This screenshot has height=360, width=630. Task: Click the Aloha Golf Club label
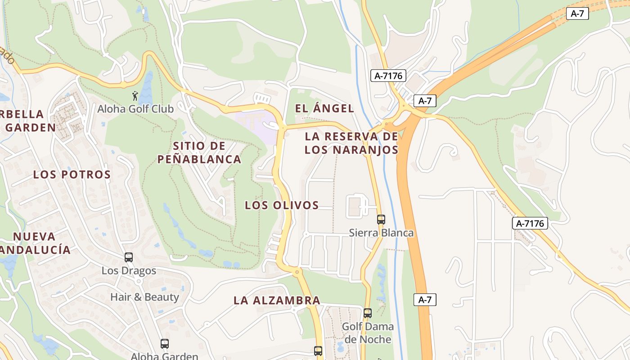tap(135, 108)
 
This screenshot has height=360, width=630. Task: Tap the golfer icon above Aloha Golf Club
tap(135, 96)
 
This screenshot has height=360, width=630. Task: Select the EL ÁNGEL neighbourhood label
tap(324, 108)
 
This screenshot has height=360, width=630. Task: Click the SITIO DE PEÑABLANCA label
tap(199, 153)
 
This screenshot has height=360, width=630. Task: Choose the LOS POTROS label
tap(72, 175)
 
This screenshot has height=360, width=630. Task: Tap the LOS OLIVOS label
tap(282, 206)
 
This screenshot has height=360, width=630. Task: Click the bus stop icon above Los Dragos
tap(129, 257)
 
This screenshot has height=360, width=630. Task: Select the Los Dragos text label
tap(129, 270)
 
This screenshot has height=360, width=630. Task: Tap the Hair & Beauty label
tap(144, 297)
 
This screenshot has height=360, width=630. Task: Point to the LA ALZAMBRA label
tap(277, 300)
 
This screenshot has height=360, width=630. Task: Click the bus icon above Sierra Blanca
tap(381, 220)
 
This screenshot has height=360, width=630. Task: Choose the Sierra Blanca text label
tap(381, 233)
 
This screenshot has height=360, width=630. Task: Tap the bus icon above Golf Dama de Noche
tap(368, 313)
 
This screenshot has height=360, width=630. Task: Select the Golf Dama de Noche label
tap(368, 333)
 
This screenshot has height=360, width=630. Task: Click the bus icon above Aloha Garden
tap(165, 344)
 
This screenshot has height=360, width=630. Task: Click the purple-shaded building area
tap(255, 123)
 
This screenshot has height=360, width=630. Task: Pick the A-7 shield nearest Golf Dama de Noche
tap(425, 300)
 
